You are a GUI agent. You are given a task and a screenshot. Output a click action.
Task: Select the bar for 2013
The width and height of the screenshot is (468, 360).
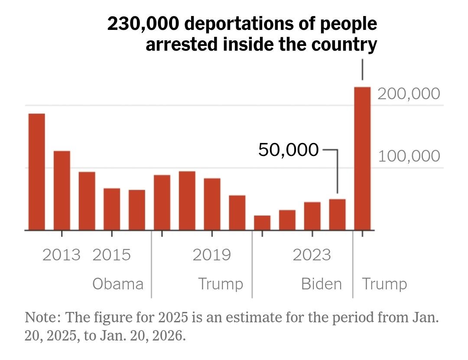click(62, 190)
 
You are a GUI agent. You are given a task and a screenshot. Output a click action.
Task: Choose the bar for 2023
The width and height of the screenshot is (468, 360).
click(312, 216)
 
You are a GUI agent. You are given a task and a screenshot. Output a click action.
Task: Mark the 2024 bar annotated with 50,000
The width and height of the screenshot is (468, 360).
click(337, 214)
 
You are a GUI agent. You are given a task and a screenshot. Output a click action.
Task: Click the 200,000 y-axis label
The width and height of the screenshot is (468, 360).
click(409, 94)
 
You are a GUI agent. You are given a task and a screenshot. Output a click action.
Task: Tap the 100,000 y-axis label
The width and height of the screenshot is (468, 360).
click(409, 156)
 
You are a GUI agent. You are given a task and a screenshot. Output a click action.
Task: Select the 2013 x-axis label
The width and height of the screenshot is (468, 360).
click(62, 255)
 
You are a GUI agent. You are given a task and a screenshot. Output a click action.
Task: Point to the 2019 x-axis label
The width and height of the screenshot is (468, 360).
click(212, 255)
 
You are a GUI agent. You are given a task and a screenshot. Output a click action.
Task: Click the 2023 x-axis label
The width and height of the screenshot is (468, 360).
click(312, 255)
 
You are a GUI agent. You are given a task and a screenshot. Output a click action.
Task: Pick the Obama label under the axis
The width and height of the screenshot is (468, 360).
click(118, 284)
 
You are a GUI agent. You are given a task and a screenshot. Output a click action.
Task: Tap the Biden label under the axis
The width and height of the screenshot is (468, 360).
click(322, 284)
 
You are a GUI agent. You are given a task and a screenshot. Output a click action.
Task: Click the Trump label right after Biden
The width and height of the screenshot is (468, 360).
click(384, 284)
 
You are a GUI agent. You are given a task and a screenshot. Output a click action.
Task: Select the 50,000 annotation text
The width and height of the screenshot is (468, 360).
click(289, 150)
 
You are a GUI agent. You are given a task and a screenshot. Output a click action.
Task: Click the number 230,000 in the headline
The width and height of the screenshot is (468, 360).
click(142, 24)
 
